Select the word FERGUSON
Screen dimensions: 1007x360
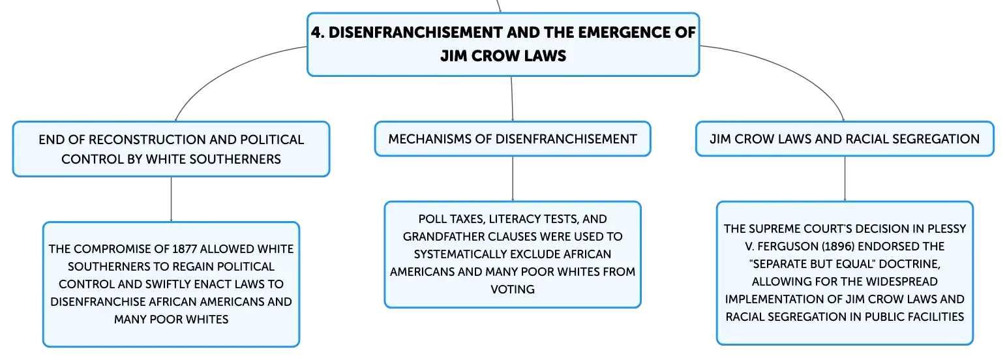tap(787, 247)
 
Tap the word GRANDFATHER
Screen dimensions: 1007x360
tap(443, 237)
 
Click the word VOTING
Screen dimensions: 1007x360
tap(513, 290)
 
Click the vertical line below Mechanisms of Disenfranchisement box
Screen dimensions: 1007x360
tap(513, 179)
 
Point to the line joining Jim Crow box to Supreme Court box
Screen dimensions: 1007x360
tap(845, 179)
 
